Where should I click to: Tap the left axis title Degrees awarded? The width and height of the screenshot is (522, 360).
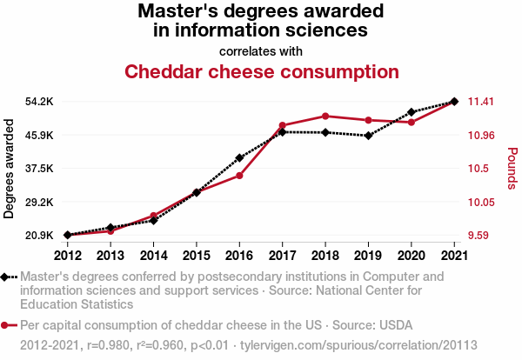pos(10,168)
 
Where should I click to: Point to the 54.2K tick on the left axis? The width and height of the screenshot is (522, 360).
pos(39,102)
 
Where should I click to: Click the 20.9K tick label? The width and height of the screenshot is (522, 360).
pos(39,236)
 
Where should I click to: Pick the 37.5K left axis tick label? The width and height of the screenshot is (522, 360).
pos(39,169)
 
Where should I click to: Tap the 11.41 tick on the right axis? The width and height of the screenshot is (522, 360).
pos(481,102)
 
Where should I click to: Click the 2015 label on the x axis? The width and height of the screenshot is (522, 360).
pos(196,255)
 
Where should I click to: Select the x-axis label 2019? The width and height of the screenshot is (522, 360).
pos(368,255)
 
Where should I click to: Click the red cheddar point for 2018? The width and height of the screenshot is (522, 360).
pos(325,116)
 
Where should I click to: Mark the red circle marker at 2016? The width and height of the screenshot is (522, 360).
pos(239,176)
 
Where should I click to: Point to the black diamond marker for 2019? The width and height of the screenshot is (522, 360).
pos(368,136)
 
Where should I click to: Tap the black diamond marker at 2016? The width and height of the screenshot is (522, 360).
pos(239,158)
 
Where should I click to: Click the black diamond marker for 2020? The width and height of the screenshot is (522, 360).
pos(411,112)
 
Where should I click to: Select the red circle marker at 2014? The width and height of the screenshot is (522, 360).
pos(153,216)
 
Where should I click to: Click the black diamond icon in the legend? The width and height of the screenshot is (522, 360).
pos(6,277)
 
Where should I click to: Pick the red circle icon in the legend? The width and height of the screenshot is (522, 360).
pos(6,326)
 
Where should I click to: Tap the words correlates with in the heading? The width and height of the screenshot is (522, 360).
pos(261,50)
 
